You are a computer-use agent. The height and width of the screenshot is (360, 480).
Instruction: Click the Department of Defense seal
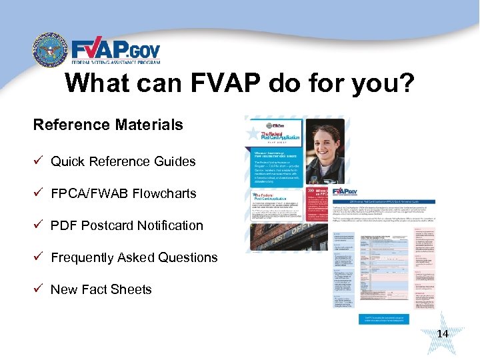coord(50,51)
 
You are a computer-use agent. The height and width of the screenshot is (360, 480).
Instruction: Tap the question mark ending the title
coord(405,84)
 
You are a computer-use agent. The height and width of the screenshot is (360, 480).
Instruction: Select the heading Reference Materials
coord(108,125)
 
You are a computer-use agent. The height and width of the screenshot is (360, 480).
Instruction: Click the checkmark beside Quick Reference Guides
coord(39,161)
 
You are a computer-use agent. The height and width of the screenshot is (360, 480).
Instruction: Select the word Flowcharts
coord(164,193)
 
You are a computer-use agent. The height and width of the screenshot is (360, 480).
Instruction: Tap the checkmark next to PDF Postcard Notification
coord(39,225)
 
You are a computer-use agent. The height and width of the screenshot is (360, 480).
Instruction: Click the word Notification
coord(170,225)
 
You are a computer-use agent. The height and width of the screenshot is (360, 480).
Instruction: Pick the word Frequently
coord(85,257)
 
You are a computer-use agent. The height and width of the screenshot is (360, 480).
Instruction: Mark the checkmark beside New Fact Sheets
coord(39,289)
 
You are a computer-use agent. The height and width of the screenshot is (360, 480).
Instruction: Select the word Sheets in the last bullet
coord(132,289)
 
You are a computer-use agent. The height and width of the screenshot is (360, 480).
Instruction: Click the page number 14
coord(442,333)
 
